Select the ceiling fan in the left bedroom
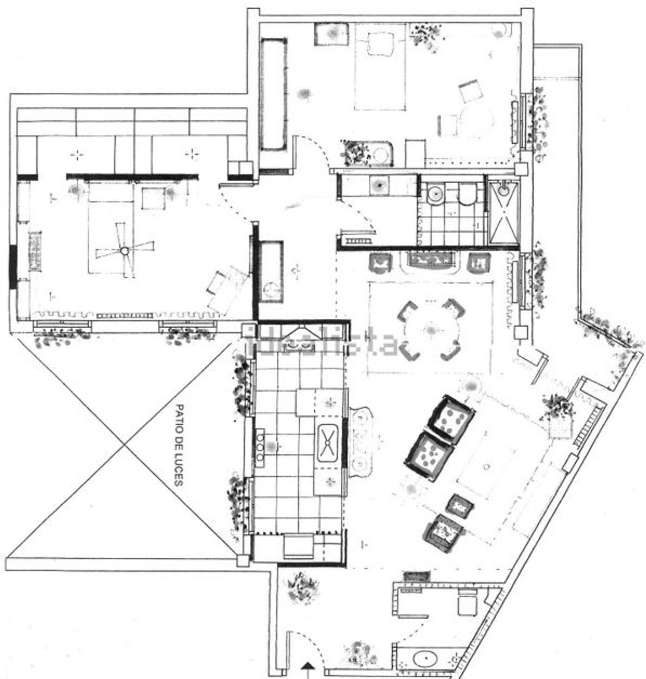tap(124, 250)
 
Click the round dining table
tap(431, 330)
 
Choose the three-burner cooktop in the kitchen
tap(261, 448)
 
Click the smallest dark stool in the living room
tap(460, 505)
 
